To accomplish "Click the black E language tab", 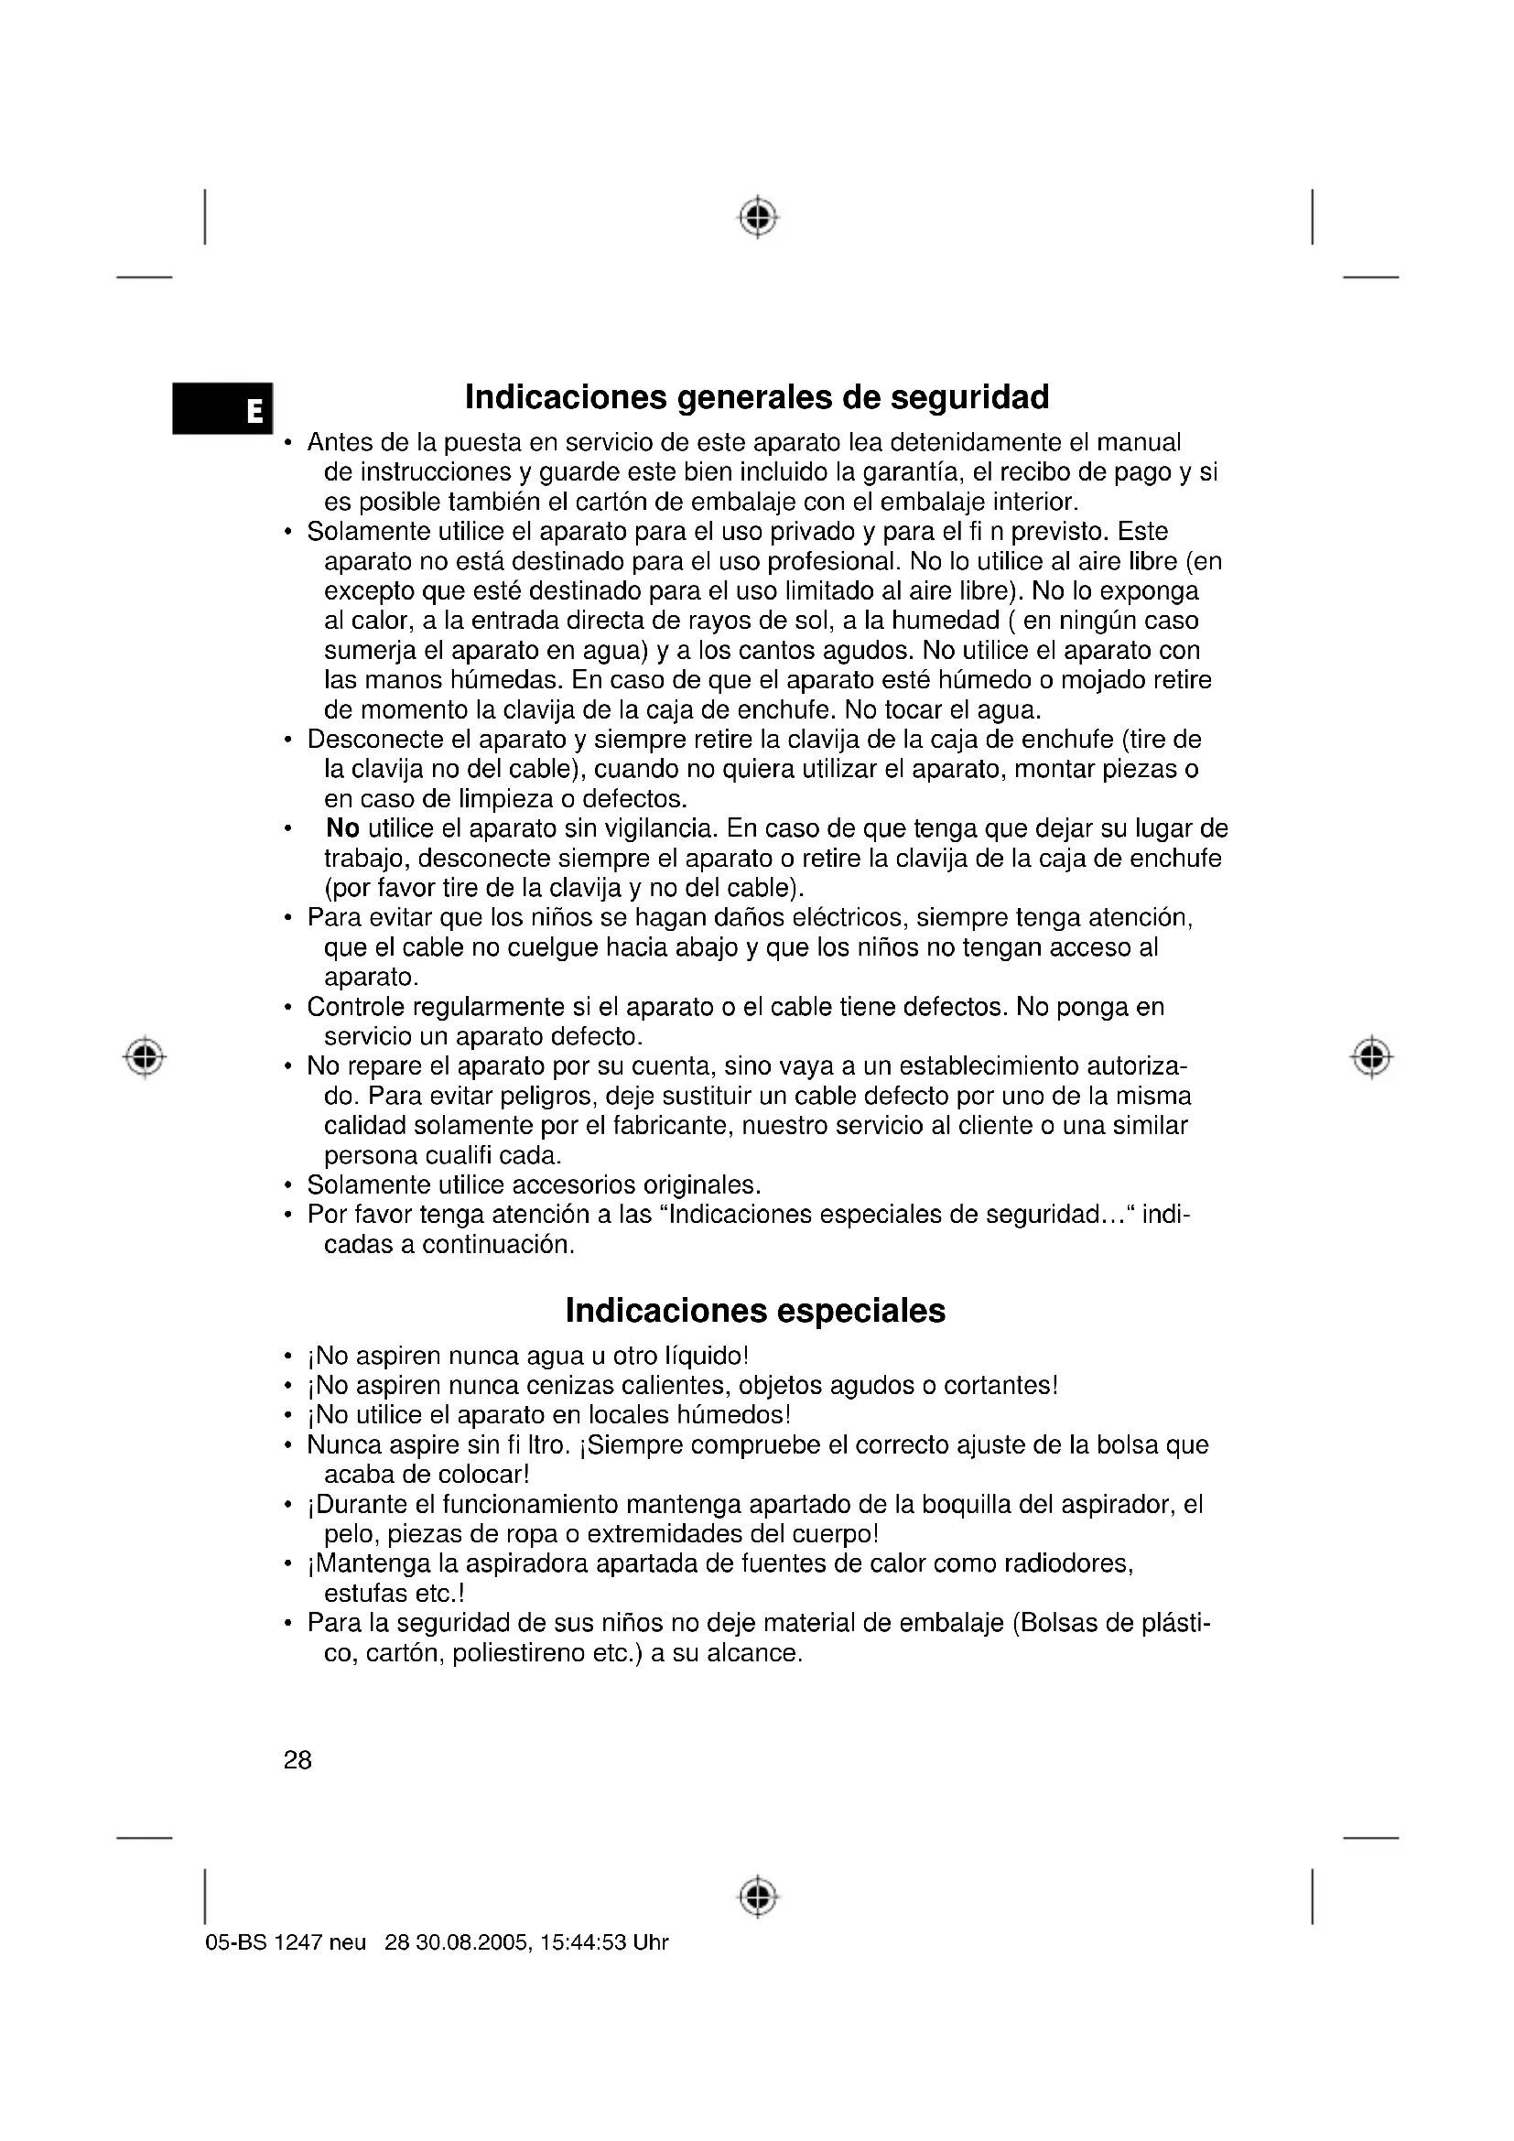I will (x=222, y=408).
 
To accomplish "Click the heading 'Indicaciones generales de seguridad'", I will (x=756, y=397).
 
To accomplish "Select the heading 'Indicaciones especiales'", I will (x=755, y=1310).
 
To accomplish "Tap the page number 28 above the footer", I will (x=297, y=1759).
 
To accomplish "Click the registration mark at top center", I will (x=759, y=216).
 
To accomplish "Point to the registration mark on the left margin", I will (x=145, y=1057).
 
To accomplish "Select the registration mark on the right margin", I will (x=1370, y=1057).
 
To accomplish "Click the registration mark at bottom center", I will (x=759, y=1896).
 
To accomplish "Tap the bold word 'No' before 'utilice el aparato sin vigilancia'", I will (x=343, y=828).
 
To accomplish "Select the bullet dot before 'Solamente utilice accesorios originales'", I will (x=289, y=1186).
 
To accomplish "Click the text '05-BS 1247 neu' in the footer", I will (x=286, y=1942).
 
